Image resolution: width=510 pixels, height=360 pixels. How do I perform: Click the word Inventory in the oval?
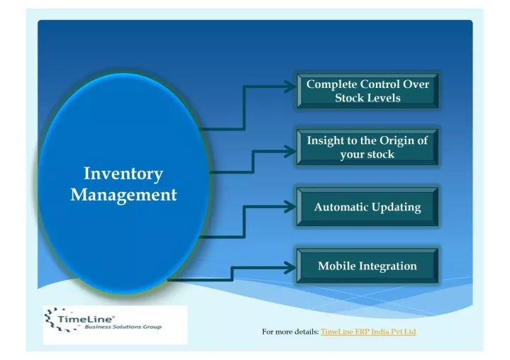point(123,174)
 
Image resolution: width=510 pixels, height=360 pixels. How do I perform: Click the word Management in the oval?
point(123,195)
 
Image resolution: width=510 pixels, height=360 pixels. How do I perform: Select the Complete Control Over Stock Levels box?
point(367,91)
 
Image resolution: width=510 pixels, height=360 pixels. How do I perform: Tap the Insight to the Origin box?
point(367,147)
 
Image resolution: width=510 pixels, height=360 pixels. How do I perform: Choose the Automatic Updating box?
point(367,207)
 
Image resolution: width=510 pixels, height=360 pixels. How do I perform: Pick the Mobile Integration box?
point(367,266)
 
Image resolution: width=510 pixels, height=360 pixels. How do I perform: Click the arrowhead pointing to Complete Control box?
point(290,86)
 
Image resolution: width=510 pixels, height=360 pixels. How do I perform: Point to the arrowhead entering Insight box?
point(290,152)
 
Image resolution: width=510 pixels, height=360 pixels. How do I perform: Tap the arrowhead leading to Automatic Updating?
point(290,207)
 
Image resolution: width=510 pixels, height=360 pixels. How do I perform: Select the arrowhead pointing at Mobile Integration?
point(290,268)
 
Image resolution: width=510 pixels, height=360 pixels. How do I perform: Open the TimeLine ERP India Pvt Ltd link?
point(368,332)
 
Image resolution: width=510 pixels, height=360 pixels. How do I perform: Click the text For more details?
point(290,332)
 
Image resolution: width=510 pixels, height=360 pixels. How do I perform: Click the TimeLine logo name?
point(87,319)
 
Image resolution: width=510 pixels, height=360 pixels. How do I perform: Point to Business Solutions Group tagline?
point(123,327)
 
